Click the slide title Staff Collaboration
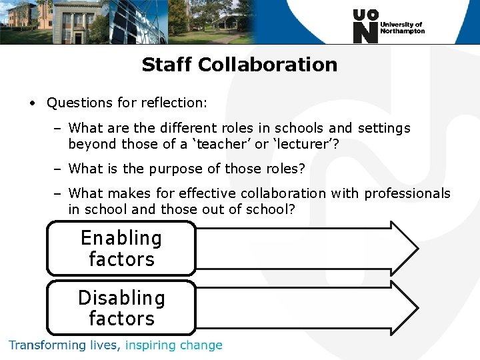tap(239, 65)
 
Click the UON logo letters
tap(365, 27)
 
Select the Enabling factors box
tap(121, 249)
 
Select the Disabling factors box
tap(121, 308)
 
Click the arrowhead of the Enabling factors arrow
tap(404, 248)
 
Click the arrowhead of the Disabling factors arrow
tap(404, 307)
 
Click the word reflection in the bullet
tap(175, 103)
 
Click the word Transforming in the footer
tap(48, 345)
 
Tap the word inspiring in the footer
tap(149, 345)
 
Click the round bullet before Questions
tap(31, 103)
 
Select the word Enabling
tap(121, 238)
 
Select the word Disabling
tap(121, 297)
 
